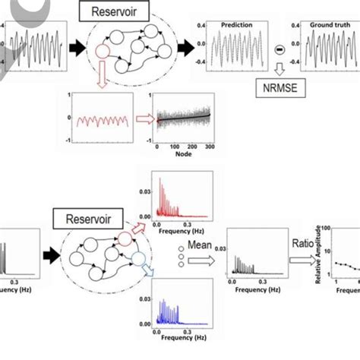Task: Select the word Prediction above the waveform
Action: click(236, 24)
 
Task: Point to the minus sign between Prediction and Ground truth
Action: click(279, 50)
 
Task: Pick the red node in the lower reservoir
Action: click(125, 241)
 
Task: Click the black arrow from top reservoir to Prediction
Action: click(185, 49)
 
